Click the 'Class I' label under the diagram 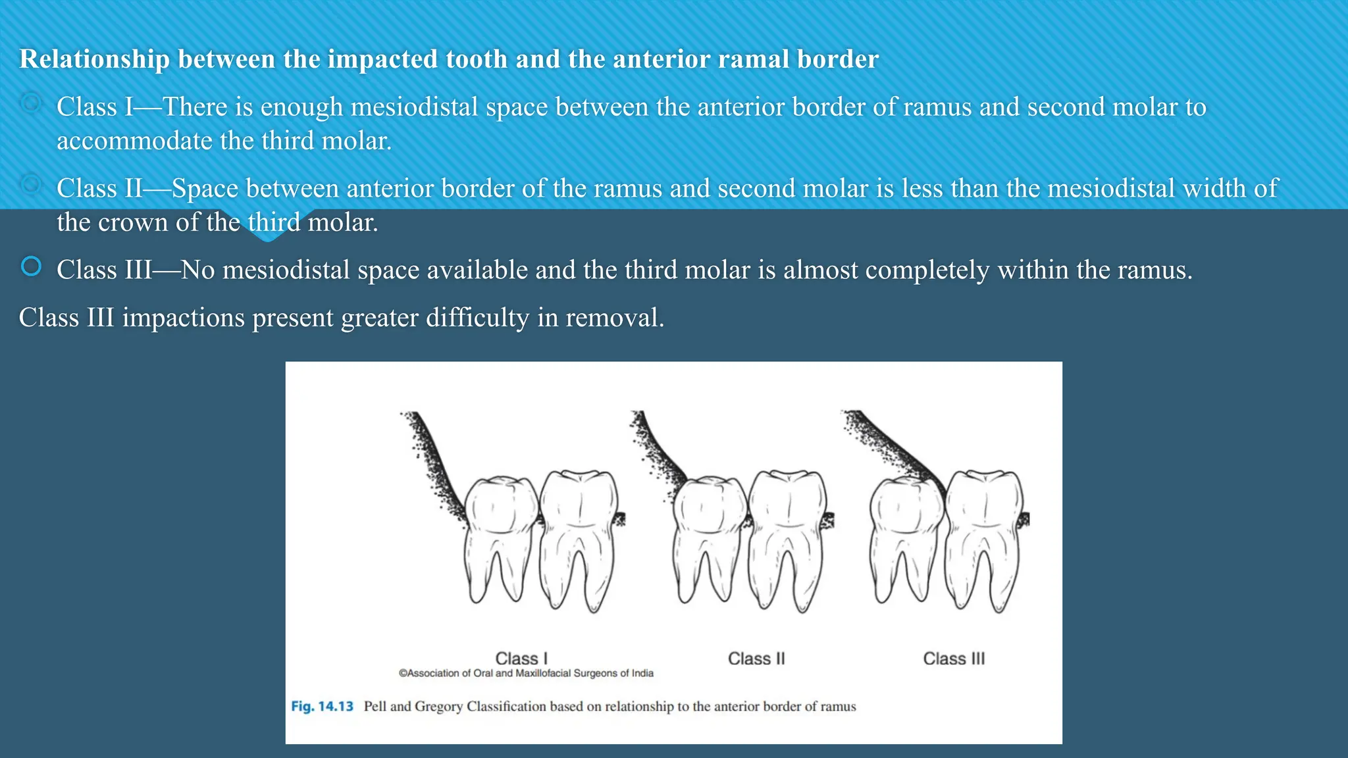click(x=521, y=658)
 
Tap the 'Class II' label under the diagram click(x=756, y=658)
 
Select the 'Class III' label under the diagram click(x=954, y=658)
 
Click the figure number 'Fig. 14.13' click(x=322, y=706)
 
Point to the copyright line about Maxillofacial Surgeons click(x=526, y=673)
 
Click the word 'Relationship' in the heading click(x=95, y=59)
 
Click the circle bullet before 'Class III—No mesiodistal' click(x=31, y=266)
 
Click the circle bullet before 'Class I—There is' click(x=31, y=103)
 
